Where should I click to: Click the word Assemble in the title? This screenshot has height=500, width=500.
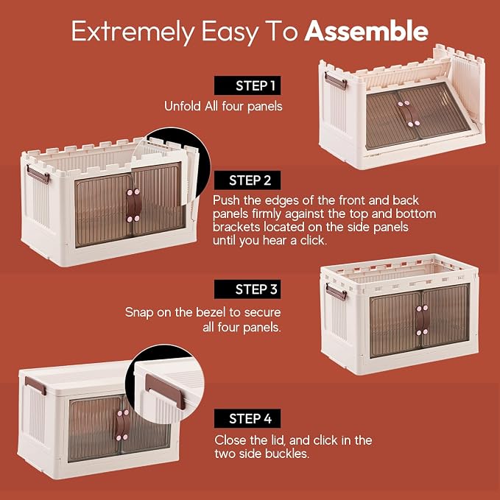click(x=366, y=31)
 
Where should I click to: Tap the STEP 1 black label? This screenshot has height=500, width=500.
click(x=247, y=85)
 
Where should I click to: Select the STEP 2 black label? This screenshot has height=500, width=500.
click(x=247, y=180)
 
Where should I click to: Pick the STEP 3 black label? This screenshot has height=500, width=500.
click(x=247, y=289)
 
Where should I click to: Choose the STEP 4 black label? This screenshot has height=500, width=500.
click(x=247, y=418)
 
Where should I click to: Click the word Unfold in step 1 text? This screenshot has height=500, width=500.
click(x=183, y=106)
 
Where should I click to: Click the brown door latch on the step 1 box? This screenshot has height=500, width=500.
click(x=409, y=113)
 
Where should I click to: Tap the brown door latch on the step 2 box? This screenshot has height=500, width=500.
click(x=133, y=205)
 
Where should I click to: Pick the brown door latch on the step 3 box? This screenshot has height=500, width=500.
click(x=422, y=320)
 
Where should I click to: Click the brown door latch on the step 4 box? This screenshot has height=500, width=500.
click(x=123, y=425)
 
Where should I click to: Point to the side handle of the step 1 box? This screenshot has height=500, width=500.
click(x=336, y=81)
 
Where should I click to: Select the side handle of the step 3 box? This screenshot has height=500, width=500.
click(x=336, y=292)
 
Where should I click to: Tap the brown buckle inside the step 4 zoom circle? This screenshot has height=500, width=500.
click(x=165, y=391)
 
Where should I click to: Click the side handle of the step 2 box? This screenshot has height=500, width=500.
click(x=38, y=175)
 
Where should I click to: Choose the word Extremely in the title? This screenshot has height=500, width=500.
click(x=133, y=32)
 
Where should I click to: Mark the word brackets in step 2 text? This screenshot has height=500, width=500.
click(x=236, y=227)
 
